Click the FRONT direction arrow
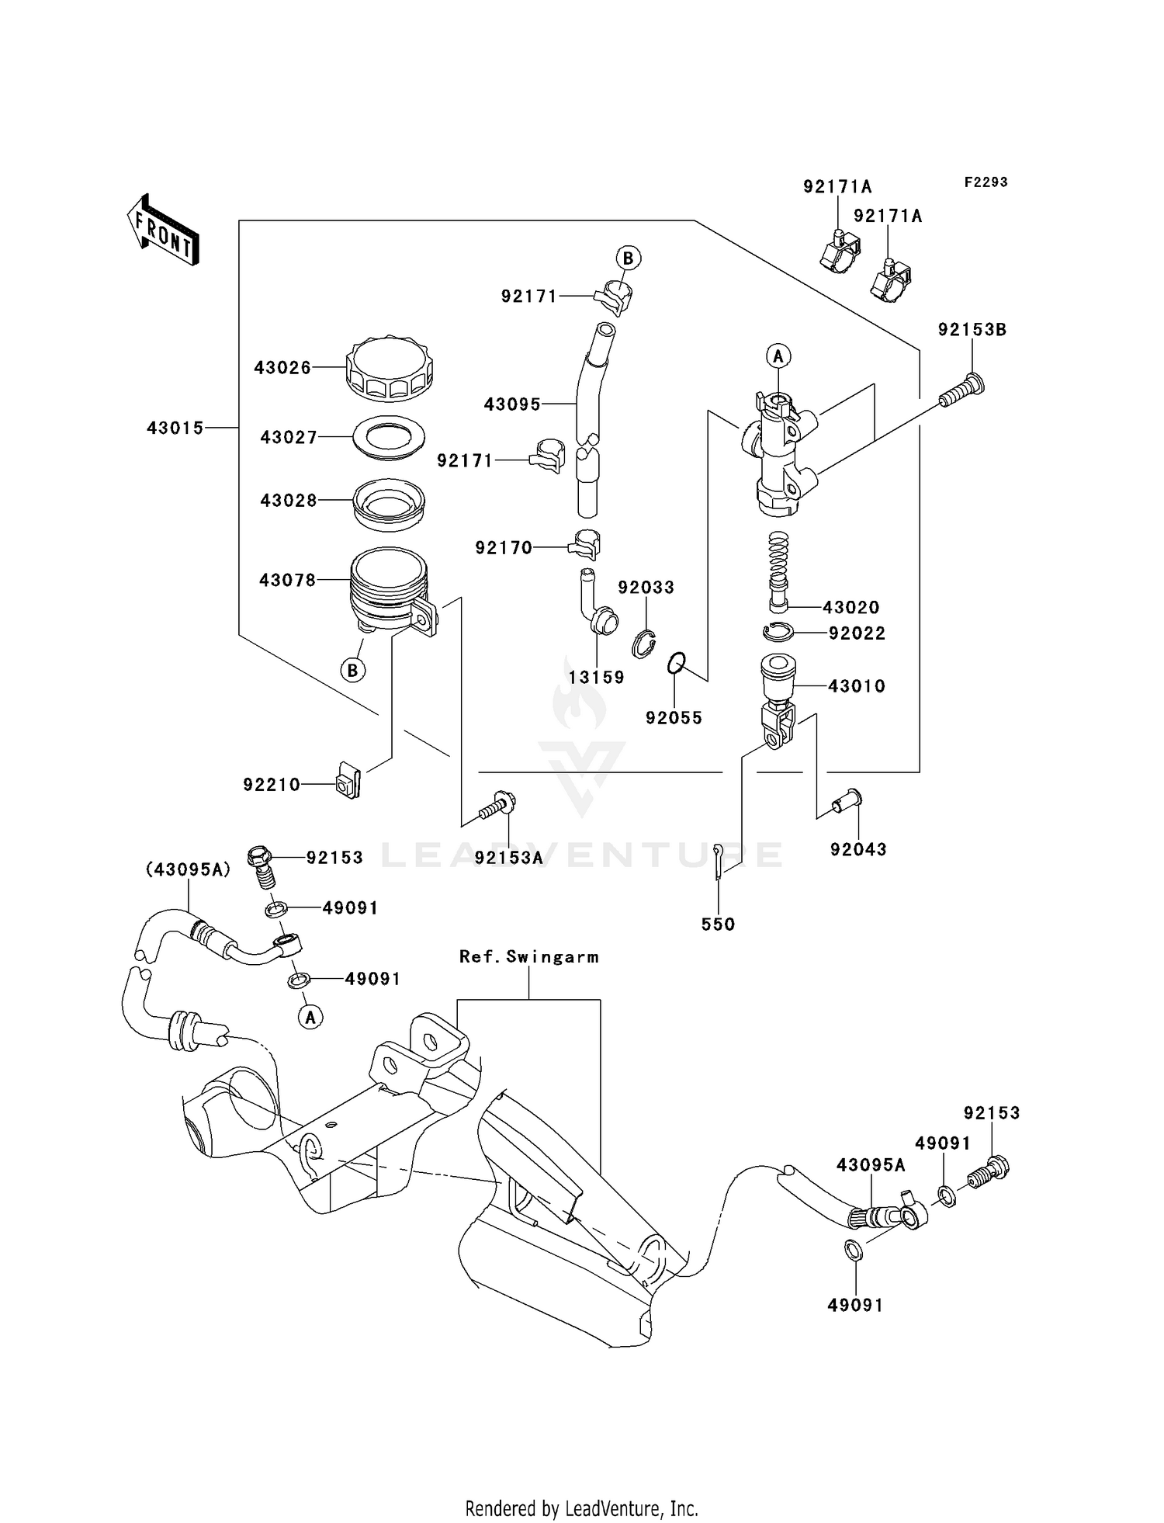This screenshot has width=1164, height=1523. pyautogui.click(x=163, y=230)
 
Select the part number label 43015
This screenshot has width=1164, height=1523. pyautogui.click(x=175, y=428)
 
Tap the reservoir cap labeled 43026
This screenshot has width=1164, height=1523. pyautogui.click(x=389, y=369)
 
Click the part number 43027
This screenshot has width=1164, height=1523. pyautogui.click(x=289, y=438)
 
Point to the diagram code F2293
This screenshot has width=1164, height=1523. pyautogui.click(x=986, y=182)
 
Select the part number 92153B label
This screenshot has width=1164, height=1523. pyautogui.click(x=972, y=330)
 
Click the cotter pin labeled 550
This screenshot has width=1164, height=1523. pyautogui.click(x=719, y=862)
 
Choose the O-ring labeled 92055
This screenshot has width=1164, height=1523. pyautogui.click(x=677, y=664)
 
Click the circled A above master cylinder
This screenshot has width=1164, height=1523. pyautogui.click(x=778, y=356)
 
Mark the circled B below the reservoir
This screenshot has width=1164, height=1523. pyautogui.click(x=353, y=670)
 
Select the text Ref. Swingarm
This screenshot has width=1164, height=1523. pyautogui.click(x=529, y=957)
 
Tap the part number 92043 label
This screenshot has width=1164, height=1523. pyautogui.click(x=858, y=849)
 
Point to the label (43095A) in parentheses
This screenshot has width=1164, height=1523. pyautogui.click(x=189, y=870)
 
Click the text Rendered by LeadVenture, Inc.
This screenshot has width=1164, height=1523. pyautogui.click(x=581, y=1508)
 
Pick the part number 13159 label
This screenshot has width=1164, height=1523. pyautogui.click(x=596, y=678)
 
